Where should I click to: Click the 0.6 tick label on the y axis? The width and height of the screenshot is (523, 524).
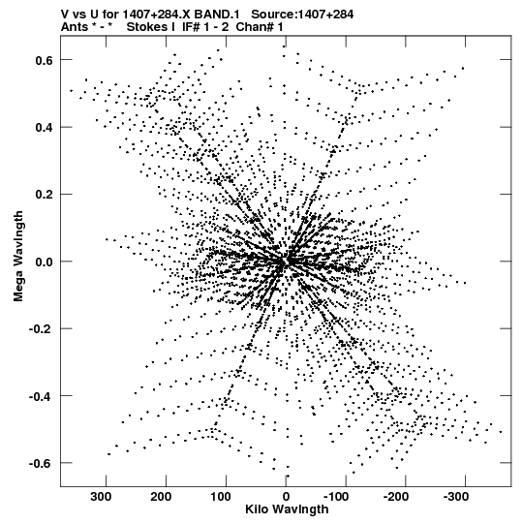(45, 60)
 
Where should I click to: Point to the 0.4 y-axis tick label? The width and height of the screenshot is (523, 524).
(45, 128)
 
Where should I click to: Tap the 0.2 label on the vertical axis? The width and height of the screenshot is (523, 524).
(45, 195)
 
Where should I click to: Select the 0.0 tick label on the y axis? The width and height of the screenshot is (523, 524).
(45, 262)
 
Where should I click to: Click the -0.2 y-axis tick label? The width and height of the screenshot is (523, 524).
(42, 329)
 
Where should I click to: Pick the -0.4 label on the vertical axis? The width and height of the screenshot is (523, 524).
(42, 396)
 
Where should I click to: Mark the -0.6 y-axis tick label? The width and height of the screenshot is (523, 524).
(42, 464)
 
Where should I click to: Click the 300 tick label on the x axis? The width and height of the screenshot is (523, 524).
(102, 497)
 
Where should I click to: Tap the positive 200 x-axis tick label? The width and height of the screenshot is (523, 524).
(162, 497)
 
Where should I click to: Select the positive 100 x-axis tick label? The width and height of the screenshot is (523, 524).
(221, 497)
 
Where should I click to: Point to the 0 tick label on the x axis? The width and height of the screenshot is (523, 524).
(286, 497)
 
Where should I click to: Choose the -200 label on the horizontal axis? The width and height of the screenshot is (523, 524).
(396, 497)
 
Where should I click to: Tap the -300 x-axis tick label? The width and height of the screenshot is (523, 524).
(456, 497)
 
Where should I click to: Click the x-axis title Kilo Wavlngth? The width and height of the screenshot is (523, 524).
(287, 509)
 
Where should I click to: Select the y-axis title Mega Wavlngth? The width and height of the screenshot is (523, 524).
(18, 257)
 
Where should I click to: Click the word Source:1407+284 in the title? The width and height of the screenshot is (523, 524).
(302, 15)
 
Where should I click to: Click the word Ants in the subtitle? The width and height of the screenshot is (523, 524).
(75, 27)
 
